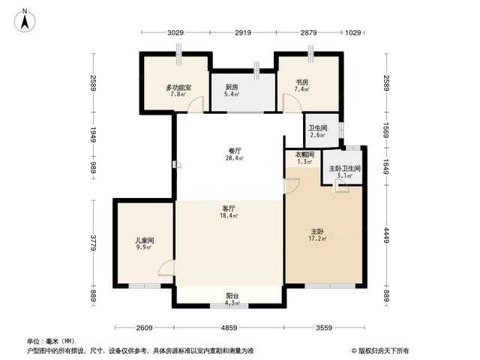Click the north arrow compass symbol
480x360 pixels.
click(x=25, y=20)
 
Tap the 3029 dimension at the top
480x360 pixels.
click(x=175, y=32)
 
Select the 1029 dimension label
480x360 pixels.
click(x=353, y=32)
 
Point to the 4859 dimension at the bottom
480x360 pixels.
click(x=229, y=328)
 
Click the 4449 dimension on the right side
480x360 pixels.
click(x=387, y=235)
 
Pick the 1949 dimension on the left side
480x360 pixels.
click(x=93, y=135)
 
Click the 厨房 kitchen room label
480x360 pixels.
click(x=232, y=87)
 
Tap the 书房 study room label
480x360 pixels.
click(x=301, y=82)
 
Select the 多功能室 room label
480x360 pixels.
click(x=178, y=88)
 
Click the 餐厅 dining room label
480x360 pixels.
click(x=235, y=151)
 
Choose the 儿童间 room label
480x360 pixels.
click(x=145, y=240)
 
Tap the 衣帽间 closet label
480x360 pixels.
click(x=304, y=154)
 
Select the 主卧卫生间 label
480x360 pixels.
click(x=345, y=168)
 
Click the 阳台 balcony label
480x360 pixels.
click(x=232, y=296)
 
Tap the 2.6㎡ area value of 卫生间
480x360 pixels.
click(x=317, y=135)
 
